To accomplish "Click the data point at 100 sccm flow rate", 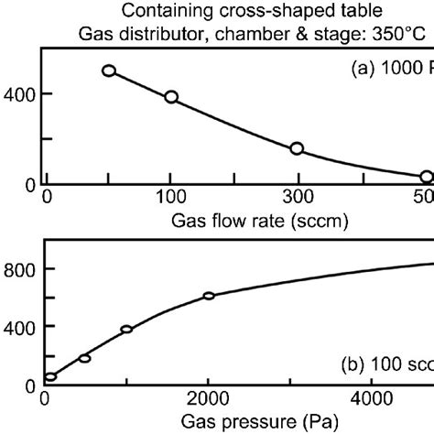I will coord(171,97).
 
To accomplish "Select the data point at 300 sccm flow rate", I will coord(297,148).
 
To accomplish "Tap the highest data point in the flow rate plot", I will coord(109,71).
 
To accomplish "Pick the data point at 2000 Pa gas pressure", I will coord(209,296).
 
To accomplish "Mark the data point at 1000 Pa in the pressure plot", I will coord(127,330).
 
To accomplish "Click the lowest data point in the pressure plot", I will coord(50,376).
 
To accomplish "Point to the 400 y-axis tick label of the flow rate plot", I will coord(19,93).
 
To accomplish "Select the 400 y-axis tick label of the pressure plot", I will coord(19,327).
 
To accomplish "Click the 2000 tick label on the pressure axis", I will coord(209,398).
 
